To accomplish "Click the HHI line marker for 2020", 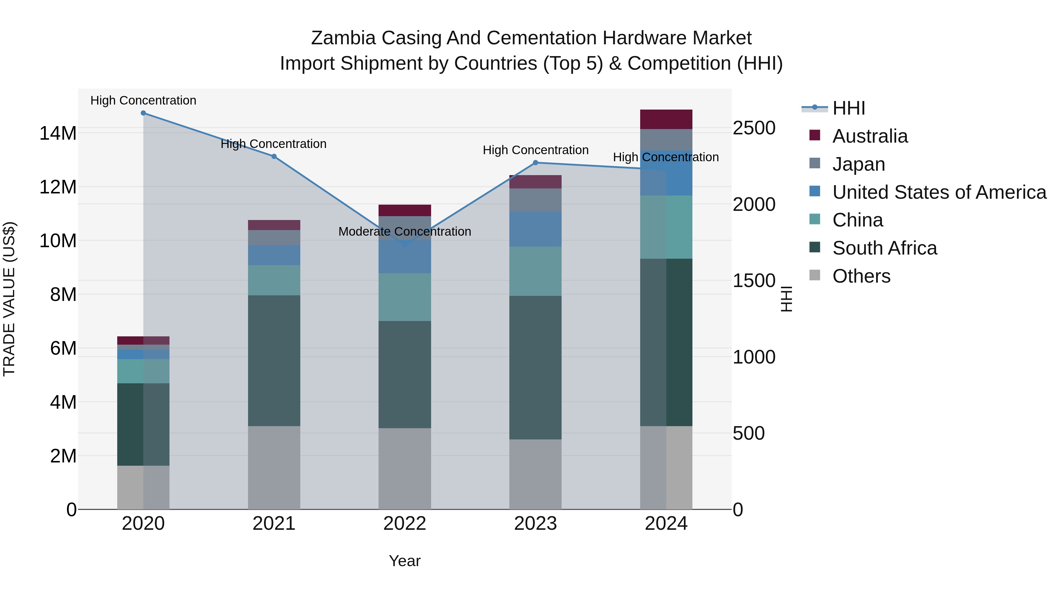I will [x=143, y=113].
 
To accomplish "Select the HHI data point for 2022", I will [x=405, y=245].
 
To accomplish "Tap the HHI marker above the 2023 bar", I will [x=536, y=163].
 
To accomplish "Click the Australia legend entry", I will [x=870, y=136].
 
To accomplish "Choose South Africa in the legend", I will [x=884, y=248].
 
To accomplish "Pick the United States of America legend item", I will [x=939, y=192].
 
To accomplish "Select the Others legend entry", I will [x=861, y=276].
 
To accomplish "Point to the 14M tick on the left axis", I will [x=58, y=133].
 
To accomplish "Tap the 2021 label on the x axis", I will [x=274, y=524].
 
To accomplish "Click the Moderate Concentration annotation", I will [x=405, y=232].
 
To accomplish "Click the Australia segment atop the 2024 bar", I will [x=666, y=119].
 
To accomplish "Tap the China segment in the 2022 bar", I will [x=405, y=297].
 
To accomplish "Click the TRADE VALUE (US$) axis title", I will [x=9, y=299].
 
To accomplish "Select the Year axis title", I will [x=405, y=561].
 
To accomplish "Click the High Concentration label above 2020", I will [x=143, y=100].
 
